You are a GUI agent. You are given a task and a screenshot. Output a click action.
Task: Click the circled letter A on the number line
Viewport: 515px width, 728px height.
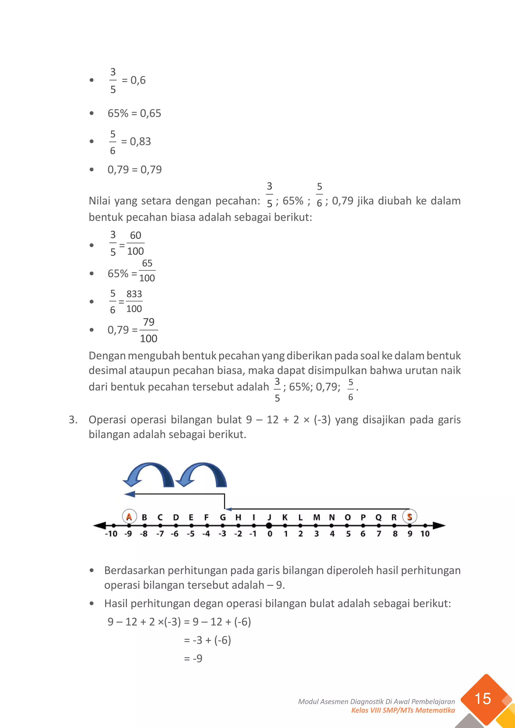129,517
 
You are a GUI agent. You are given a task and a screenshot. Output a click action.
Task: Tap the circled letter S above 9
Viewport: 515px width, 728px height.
409,517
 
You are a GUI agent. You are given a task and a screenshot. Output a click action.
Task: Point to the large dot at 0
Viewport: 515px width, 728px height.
269,526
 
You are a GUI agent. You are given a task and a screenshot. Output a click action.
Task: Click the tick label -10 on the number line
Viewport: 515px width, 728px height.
111,534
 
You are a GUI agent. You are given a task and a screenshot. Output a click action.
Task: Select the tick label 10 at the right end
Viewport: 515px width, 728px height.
425,534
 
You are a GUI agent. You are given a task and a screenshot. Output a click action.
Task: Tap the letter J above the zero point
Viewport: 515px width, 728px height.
269,517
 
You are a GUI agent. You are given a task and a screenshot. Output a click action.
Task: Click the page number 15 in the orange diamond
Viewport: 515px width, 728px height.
483,699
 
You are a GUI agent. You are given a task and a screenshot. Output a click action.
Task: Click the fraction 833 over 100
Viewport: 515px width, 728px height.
134,301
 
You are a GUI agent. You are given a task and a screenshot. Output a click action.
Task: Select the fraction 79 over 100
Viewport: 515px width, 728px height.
148,330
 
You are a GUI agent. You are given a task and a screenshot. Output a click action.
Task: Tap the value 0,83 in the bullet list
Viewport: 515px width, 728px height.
141,142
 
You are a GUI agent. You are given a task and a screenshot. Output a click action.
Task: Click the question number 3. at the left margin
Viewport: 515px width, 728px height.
73,420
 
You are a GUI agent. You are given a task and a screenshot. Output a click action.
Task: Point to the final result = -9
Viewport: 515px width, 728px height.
193,659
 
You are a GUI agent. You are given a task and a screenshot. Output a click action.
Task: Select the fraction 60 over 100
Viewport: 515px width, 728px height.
135,243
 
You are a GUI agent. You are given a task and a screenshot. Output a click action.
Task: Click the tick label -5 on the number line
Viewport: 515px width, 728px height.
191,534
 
